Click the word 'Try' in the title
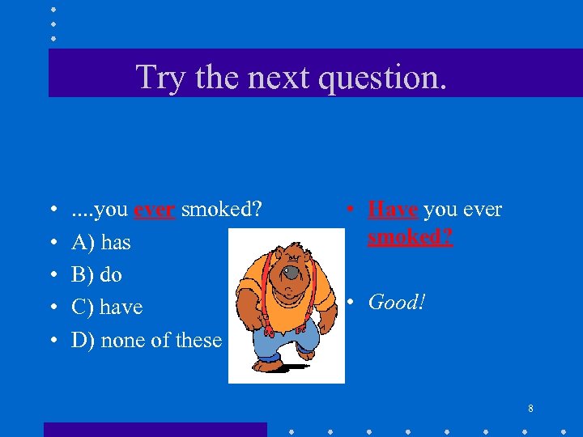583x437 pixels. point(155,78)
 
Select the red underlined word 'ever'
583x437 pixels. point(155,210)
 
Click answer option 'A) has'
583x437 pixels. point(100,242)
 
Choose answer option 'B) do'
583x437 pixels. point(96,274)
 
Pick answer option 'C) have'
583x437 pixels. point(106,308)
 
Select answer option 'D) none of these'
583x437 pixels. point(146,340)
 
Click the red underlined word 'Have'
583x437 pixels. point(394,210)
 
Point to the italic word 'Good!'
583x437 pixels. point(397,303)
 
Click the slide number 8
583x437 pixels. point(530,409)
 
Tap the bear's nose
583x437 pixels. point(290,275)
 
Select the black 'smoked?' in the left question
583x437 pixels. point(221,210)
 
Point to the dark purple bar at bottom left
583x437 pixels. point(154,430)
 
